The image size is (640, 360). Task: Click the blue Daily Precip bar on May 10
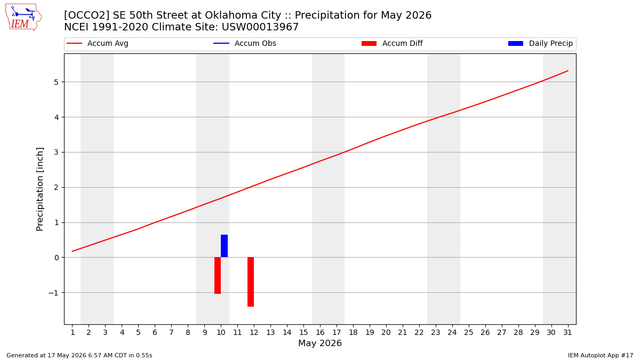click(225, 246)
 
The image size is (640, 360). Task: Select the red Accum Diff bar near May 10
click(218, 275)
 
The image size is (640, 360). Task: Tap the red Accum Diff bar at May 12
click(251, 282)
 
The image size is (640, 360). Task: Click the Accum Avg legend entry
click(98, 43)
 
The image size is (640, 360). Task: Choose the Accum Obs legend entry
click(245, 43)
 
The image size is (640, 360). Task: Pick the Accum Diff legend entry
click(392, 43)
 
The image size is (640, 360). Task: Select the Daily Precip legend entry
click(541, 43)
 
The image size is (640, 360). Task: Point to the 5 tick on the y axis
click(56, 82)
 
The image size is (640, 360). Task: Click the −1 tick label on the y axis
click(53, 293)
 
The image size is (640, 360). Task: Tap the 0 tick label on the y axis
click(56, 258)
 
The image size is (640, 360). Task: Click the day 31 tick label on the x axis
click(567, 333)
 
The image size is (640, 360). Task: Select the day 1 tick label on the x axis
click(73, 333)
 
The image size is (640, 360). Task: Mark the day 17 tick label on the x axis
click(337, 333)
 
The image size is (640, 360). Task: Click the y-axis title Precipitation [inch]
click(39, 189)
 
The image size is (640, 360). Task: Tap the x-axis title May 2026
click(320, 343)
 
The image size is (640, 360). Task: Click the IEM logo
click(23, 18)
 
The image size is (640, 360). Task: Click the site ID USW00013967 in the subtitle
click(260, 27)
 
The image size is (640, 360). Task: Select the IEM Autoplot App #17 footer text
click(601, 355)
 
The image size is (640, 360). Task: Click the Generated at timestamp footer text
click(79, 355)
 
